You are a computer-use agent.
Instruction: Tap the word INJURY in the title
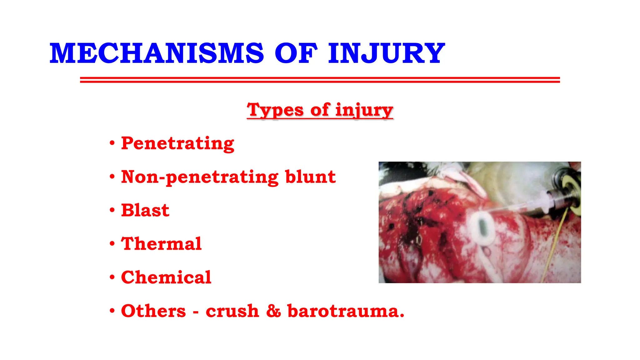click(386, 54)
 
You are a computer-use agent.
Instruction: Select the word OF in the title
click(296, 54)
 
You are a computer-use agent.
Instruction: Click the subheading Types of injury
click(320, 110)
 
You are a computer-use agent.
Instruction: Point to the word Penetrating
click(177, 144)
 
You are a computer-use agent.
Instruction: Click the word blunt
click(310, 177)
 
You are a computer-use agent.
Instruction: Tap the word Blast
click(145, 210)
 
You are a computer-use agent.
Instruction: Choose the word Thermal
click(161, 244)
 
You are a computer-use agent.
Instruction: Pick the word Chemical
click(166, 277)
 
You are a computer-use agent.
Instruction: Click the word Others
click(153, 311)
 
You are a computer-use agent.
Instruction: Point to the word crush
click(232, 311)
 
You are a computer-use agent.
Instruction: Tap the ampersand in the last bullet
click(273, 311)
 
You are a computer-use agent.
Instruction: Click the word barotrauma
click(345, 311)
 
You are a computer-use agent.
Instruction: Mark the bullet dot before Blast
click(112, 210)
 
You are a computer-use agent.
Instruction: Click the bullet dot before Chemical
click(112, 277)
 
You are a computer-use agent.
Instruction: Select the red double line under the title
click(320, 80)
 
